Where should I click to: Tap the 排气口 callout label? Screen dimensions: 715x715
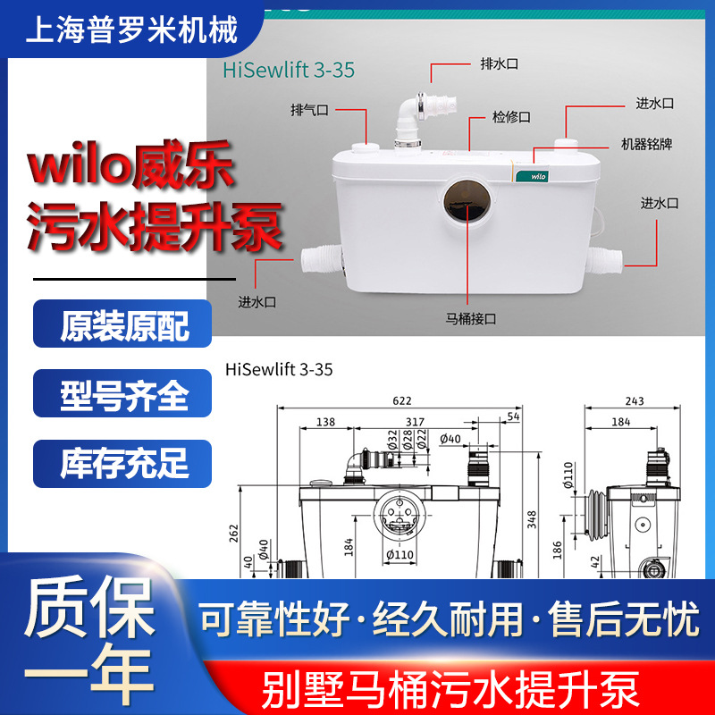(310, 110)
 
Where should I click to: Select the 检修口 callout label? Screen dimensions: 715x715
(512, 117)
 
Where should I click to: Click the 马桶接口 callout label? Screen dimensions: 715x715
(471, 316)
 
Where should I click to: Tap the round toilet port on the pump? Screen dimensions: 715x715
(465, 200)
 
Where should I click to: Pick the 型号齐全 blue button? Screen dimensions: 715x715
(123, 393)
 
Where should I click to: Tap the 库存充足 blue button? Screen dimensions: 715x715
(123, 463)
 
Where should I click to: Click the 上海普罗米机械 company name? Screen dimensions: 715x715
(134, 33)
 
